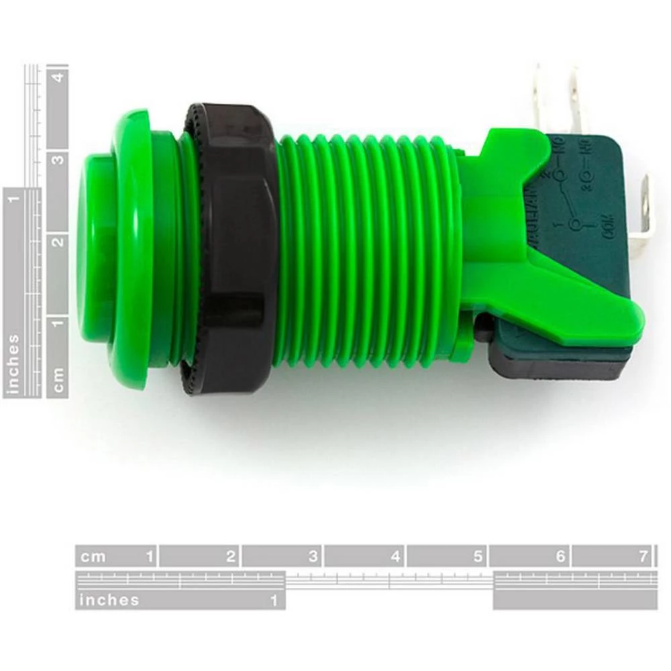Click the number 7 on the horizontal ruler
[x=643, y=556]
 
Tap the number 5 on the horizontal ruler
[x=478, y=556]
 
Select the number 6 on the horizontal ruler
[x=560, y=556]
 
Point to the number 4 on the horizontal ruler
[x=395, y=556]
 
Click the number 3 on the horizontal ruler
[x=313, y=556]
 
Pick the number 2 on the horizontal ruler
[x=231, y=556]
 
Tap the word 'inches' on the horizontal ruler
[x=109, y=600]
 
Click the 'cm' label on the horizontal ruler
[x=93, y=556]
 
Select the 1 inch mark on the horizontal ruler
[x=274, y=600]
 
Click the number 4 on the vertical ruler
[x=58, y=77]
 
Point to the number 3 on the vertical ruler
[x=58, y=160]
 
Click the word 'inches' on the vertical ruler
[x=13, y=363]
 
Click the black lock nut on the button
[x=231, y=248]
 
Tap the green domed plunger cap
[x=94, y=248]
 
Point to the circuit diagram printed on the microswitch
[x=577, y=195]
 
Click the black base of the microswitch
[x=557, y=366]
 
